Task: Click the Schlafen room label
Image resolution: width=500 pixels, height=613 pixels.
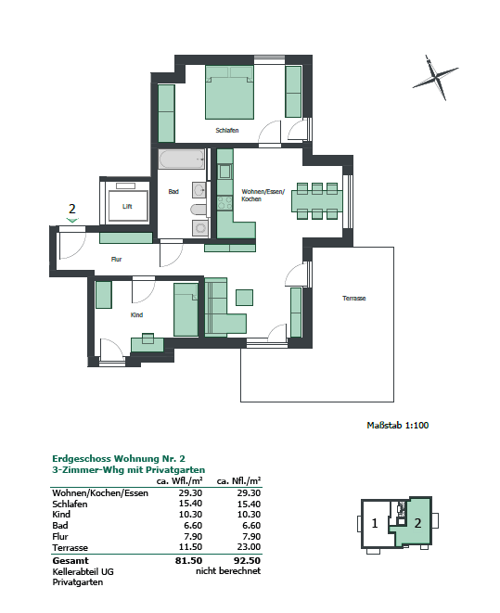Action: [x=227, y=131]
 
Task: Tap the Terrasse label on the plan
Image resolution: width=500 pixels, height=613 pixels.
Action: [x=353, y=299]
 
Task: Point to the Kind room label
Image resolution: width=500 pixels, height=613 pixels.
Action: [x=136, y=315]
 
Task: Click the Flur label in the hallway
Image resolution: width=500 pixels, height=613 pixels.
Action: [x=117, y=260]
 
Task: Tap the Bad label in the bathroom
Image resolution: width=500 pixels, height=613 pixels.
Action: [x=173, y=192]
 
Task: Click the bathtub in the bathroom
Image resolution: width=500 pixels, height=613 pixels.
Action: [x=182, y=160]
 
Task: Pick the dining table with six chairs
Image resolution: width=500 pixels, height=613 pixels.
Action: [x=316, y=200]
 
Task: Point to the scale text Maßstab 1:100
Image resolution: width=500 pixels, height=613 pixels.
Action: [x=398, y=426]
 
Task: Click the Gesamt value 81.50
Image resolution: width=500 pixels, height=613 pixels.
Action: [x=189, y=561]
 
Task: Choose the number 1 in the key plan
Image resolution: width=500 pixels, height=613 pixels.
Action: [x=374, y=523]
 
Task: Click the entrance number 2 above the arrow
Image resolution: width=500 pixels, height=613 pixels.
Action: [x=71, y=209]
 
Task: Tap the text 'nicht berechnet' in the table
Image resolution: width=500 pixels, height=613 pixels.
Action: [x=228, y=572]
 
